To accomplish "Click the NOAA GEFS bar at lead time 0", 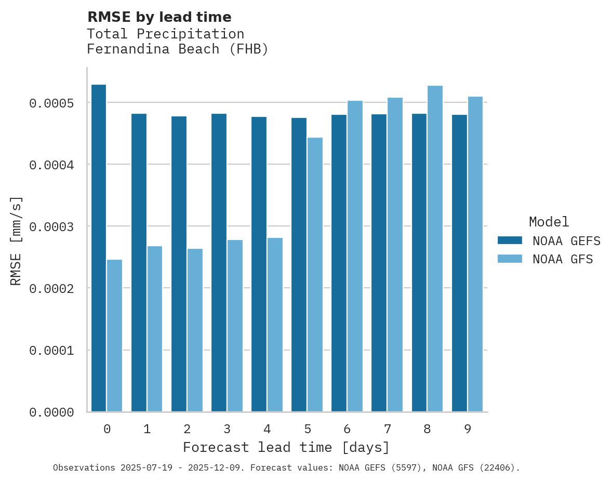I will point(99,248).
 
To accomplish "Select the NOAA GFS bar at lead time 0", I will point(114,336).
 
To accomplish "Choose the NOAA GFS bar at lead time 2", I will point(195,330).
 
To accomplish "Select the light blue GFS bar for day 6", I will point(355,256).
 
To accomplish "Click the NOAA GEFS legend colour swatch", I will point(510,240).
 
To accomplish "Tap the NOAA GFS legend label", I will point(562,259).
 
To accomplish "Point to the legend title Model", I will point(549,222).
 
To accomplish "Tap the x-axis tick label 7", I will point(388,429).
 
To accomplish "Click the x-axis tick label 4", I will point(267,429).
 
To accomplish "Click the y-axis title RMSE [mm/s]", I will point(16,240).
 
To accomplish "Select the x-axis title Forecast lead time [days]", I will point(286,447).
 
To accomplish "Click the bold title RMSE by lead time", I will point(159,17).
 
